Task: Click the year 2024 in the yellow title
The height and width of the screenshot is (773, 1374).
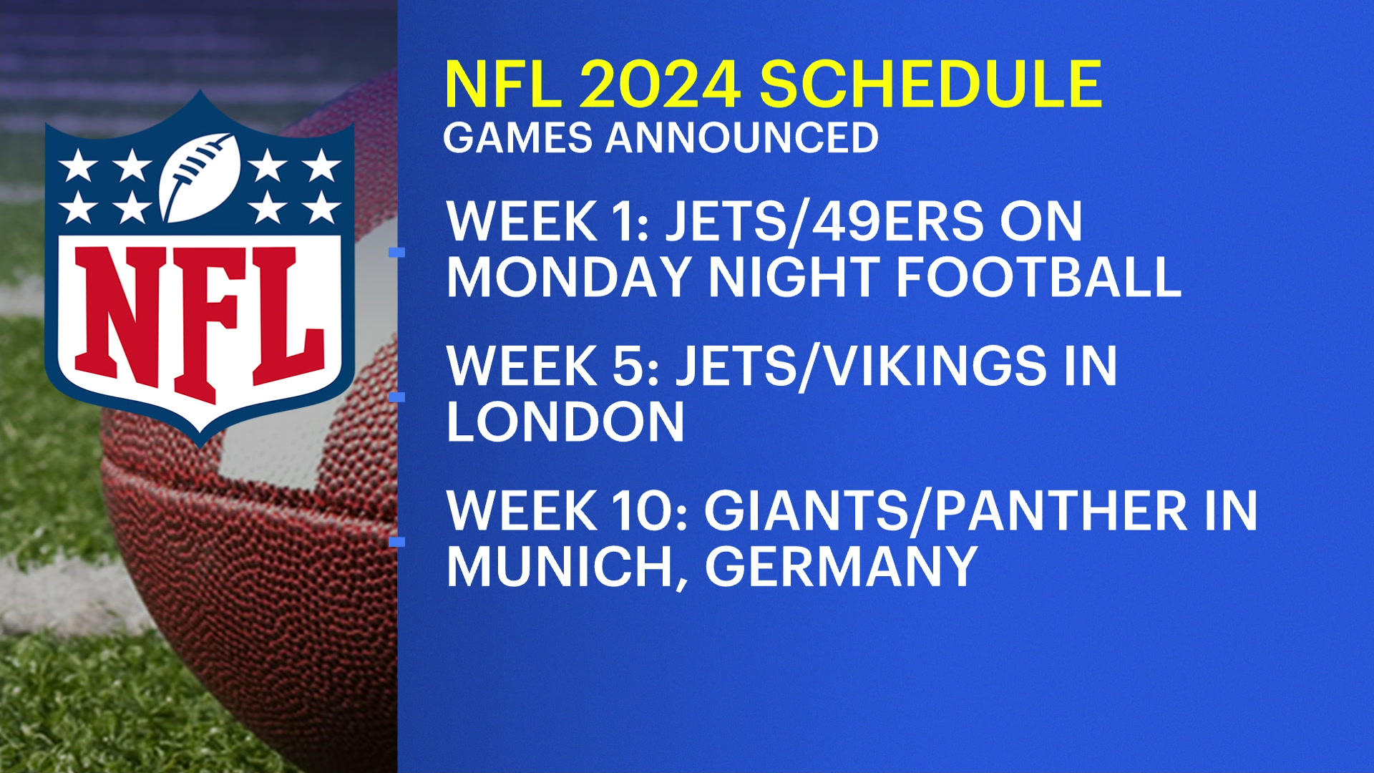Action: coord(659,84)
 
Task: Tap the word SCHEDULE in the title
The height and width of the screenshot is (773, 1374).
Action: coord(930,84)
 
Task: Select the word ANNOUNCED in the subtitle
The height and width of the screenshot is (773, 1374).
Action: coord(742,137)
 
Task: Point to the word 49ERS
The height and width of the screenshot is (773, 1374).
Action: coord(897,221)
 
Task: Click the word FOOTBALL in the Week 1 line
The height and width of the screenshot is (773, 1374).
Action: coord(1038,277)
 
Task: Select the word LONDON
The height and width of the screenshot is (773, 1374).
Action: coord(565,422)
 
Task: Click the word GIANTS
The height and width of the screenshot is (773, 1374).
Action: coord(807,511)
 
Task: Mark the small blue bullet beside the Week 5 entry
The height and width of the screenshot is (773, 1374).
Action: coord(396,397)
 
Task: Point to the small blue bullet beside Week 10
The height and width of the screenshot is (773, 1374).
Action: coord(396,542)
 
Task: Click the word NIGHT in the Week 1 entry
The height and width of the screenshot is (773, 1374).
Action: coord(794,277)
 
